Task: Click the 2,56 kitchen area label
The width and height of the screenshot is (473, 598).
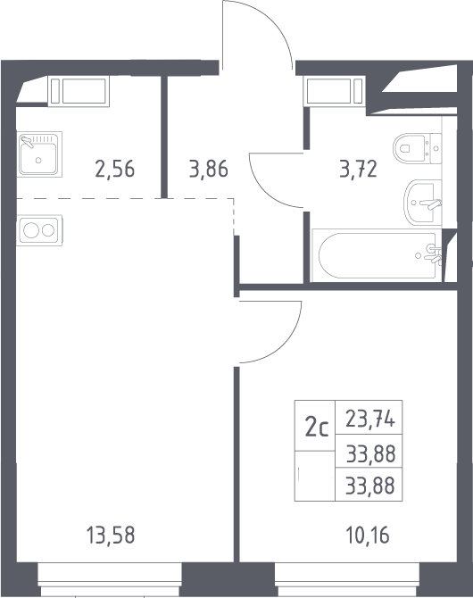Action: click(x=115, y=169)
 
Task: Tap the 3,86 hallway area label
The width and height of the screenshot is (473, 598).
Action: click(x=208, y=169)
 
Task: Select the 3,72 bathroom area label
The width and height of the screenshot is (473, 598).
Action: click(x=358, y=169)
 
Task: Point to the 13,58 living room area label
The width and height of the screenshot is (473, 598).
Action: click(x=111, y=535)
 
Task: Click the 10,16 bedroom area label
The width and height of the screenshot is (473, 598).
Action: click(x=368, y=535)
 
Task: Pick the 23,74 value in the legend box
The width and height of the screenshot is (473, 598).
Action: click(x=369, y=419)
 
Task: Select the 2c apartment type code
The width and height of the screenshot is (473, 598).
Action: click(x=316, y=428)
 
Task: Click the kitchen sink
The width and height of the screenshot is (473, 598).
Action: click(x=39, y=154)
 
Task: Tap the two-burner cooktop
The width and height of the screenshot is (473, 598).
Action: click(x=39, y=230)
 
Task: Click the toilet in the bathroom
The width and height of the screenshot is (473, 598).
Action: click(x=417, y=148)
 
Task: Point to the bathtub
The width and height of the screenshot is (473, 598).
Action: click(x=377, y=255)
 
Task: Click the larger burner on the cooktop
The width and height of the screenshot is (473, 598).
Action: click(x=31, y=230)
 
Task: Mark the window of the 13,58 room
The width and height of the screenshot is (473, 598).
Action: click(x=110, y=579)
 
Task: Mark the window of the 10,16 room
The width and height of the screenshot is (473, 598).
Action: click(x=347, y=579)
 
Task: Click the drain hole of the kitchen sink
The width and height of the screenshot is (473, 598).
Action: click(x=38, y=160)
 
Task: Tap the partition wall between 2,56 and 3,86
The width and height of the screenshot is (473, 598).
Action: click(x=164, y=137)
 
